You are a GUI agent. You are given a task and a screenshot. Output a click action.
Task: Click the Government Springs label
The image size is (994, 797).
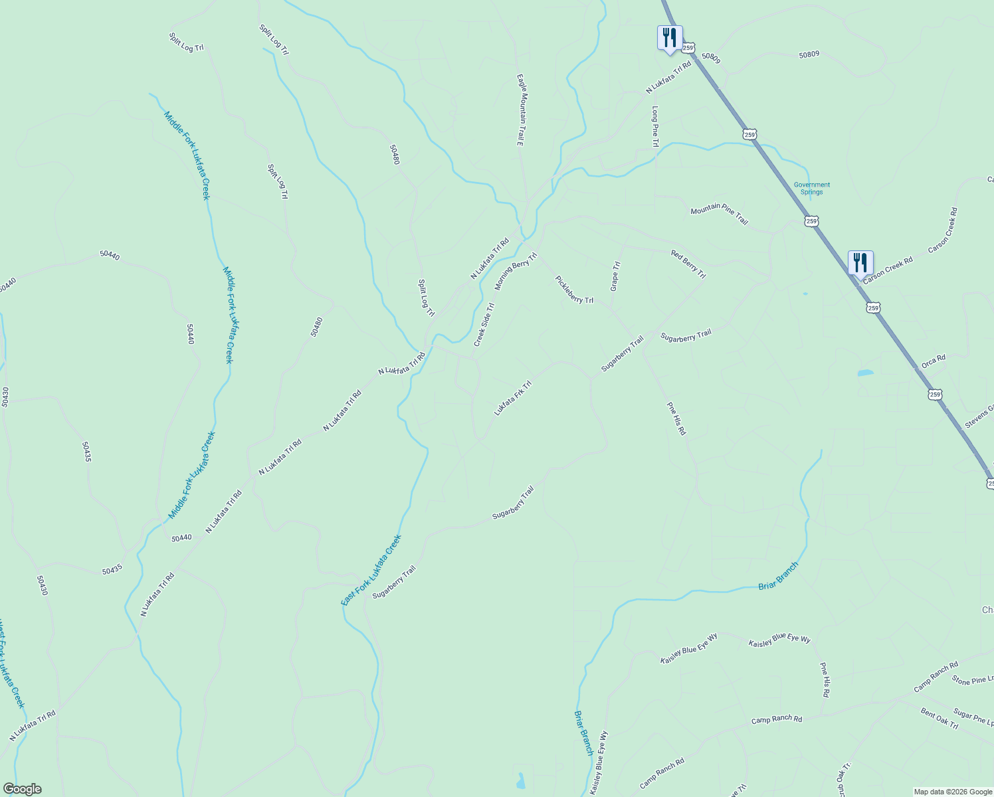[811, 189]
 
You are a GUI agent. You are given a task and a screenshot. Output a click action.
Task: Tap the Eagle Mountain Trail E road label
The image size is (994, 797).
[521, 110]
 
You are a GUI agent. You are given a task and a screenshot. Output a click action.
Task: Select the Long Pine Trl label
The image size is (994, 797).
[655, 127]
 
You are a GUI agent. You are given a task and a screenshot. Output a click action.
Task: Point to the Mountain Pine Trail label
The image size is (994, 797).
[719, 214]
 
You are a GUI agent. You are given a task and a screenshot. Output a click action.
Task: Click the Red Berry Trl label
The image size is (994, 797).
[688, 264]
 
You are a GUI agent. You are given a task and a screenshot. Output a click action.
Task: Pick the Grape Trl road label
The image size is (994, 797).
[615, 276]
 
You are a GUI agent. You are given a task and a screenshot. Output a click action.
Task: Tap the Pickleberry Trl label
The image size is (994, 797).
[574, 290]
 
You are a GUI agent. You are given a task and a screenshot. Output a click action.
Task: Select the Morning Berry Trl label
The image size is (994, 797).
[516, 271]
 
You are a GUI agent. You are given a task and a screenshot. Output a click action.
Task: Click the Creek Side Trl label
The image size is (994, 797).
[484, 325]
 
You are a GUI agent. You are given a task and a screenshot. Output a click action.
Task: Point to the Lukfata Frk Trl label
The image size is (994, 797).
[513, 398]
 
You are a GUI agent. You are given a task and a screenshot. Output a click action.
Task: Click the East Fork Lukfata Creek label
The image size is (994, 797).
[371, 570]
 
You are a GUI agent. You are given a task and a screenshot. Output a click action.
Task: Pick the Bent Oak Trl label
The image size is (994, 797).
[940, 719]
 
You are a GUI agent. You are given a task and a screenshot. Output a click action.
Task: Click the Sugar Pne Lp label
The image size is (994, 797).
[973, 717]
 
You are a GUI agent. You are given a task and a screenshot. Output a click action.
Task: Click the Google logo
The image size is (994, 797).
[22, 789]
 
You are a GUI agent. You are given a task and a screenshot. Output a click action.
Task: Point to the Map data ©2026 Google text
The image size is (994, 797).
[953, 792]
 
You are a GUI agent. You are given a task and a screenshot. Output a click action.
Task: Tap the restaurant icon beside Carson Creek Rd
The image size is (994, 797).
[860, 262]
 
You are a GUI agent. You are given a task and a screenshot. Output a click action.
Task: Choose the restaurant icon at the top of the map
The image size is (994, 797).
[670, 37]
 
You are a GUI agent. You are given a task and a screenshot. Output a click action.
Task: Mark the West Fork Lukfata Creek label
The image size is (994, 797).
[11, 664]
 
